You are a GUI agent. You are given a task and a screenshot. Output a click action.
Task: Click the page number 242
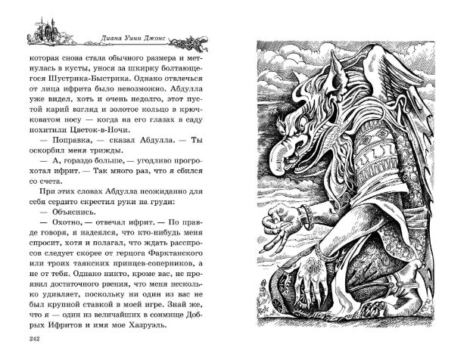click(33, 338)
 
